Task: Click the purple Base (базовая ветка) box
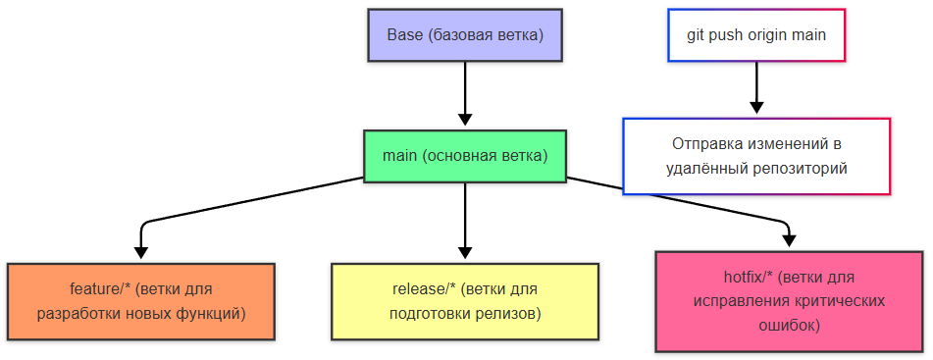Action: coord(464,36)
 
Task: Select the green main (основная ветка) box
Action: coord(465,156)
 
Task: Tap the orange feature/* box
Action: coord(140,301)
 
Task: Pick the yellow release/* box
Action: coord(465,301)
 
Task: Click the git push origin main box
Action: coord(755,36)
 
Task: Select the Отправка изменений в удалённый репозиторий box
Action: coord(755,156)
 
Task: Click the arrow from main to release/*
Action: coord(465,221)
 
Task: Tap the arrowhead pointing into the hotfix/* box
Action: coord(789,239)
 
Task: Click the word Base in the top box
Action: coord(404,36)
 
